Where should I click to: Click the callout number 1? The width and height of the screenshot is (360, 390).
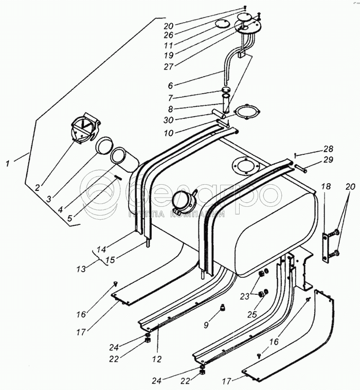pyautogui.click(x=8, y=164)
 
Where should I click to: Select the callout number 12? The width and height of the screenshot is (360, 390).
pyautogui.click(x=157, y=359)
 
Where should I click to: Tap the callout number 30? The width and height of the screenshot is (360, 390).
pyautogui.click(x=168, y=120)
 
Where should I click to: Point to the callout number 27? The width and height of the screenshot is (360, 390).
pyautogui.click(x=169, y=67)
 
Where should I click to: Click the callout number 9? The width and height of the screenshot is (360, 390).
pyautogui.click(x=206, y=325)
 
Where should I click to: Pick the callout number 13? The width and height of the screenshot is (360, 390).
pyautogui.click(x=81, y=269)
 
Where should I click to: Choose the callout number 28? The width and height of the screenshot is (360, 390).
pyautogui.click(x=328, y=149)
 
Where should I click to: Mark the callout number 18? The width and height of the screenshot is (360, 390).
pyautogui.click(x=327, y=186)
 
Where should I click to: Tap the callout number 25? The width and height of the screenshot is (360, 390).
pyautogui.click(x=252, y=315)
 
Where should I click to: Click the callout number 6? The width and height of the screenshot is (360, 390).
pyautogui.click(x=170, y=85)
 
